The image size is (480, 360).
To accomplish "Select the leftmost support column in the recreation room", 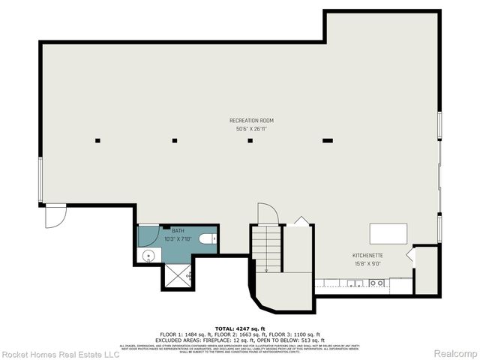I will pos(98,139).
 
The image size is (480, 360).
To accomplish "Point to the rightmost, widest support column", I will pos(327,139).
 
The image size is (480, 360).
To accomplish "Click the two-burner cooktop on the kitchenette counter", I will pos(376,283).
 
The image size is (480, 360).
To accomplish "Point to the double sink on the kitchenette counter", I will pos(352,283).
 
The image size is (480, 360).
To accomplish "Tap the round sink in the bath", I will pos(148,256).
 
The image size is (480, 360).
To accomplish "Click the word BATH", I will pos(178,231).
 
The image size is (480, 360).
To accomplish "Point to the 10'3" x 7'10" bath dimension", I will pos(178,239).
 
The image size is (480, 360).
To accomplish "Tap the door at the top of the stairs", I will pos(268,213).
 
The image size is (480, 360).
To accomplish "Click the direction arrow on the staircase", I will pos(265,255).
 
